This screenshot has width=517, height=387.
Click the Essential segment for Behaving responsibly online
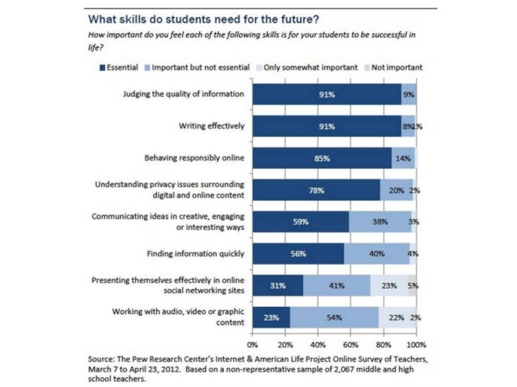[322, 158]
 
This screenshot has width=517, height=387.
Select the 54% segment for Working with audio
[334, 317]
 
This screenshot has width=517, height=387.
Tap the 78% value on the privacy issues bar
[316, 190]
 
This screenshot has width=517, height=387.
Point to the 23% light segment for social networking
[389, 286]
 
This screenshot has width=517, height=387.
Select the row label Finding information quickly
[196, 254]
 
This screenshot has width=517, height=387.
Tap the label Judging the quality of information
[184, 94]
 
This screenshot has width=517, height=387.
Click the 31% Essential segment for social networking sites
[278, 286]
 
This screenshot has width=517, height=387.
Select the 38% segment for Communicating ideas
[379, 222]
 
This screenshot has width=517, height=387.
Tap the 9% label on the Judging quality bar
[408, 95]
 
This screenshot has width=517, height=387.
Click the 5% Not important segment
[412, 286]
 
